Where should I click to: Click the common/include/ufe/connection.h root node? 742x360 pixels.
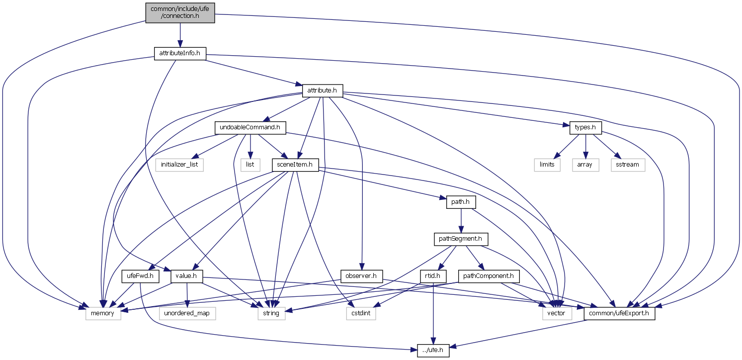click(x=180, y=12)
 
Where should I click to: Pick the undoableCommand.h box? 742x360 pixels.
click(x=250, y=128)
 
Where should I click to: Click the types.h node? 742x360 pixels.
click(x=585, y=127)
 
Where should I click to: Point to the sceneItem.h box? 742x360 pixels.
click(x=295, y=165)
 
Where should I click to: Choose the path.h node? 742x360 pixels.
click(x=462, y=202)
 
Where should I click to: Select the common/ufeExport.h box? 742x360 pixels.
click(x=620, y=313)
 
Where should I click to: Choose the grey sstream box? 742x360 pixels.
click(x=628, y=165)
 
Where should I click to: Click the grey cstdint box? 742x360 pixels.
click(x=360, y=313)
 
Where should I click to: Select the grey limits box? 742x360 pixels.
click(x=547, y=165)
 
